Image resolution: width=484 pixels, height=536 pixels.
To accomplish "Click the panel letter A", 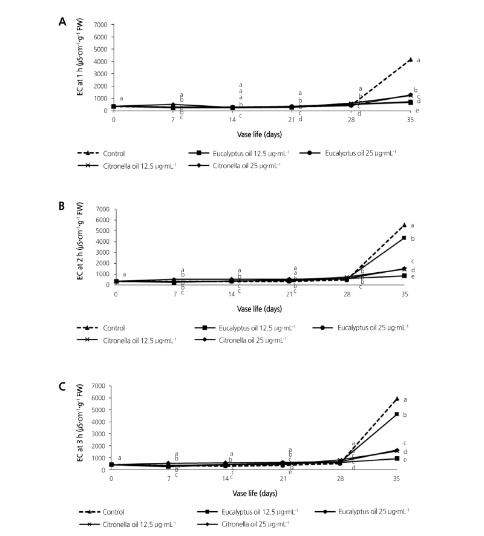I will point(62,22).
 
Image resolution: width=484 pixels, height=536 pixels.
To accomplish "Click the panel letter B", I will point(62,206).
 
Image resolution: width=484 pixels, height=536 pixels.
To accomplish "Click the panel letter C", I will point(62,385).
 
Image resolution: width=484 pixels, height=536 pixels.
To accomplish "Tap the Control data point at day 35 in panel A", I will point(410,60).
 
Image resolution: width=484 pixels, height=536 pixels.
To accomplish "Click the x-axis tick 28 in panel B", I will point(347,294).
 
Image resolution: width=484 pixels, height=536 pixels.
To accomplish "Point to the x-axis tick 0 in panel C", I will point(111,478).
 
